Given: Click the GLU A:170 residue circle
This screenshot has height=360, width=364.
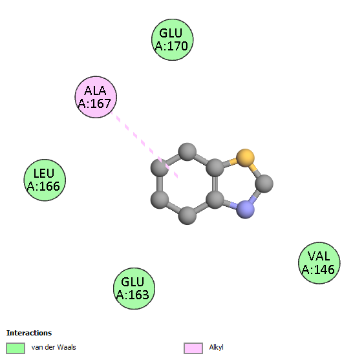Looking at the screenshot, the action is click(172, 39).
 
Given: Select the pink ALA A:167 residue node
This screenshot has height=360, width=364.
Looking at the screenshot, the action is click(96, 97).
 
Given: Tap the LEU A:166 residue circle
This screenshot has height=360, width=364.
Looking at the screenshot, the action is click(45, 180).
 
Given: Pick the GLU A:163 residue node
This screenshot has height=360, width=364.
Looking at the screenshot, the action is click(134, 288).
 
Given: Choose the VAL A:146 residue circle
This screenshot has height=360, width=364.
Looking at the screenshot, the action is click(319, 263).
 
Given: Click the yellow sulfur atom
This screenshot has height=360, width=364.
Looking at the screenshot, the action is click(245, 158).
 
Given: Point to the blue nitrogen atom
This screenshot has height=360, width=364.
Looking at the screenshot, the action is click(245, 209).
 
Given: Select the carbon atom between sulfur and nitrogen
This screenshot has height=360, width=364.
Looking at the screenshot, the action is click(264, 184).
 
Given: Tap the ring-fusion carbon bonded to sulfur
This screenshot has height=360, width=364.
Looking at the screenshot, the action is click(215, 167).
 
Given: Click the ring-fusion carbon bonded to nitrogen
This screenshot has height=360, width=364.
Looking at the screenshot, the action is click(215, 199).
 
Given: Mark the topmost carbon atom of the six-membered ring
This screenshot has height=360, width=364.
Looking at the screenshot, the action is click(187, 152).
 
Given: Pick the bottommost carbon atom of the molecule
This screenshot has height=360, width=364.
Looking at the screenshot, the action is click(187, 216).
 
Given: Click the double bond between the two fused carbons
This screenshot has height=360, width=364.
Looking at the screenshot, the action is click(215, 184).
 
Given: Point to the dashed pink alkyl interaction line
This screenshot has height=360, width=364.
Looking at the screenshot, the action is click(144, 145).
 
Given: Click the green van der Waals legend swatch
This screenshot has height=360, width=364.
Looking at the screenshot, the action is click(16, 348).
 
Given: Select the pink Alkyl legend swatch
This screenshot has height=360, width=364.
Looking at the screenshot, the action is click(193, 348).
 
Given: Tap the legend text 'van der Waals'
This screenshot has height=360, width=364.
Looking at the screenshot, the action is click(54, 347).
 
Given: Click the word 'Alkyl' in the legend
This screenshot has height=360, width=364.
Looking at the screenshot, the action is click(216, 347).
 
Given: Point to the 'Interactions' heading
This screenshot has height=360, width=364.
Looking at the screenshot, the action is click(29, 333).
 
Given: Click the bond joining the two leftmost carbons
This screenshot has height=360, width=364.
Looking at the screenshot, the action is click(160, 184).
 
